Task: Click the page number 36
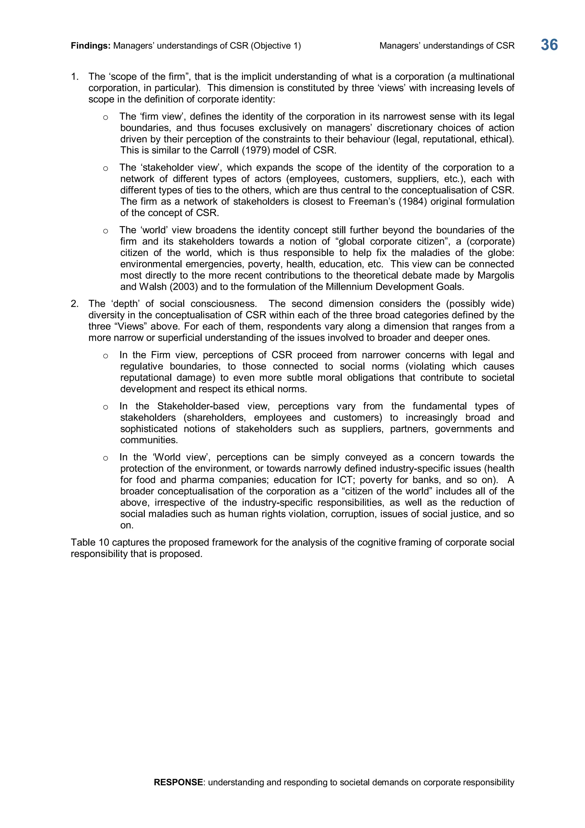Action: click(549, 45)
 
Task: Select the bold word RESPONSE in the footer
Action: click(178, 782)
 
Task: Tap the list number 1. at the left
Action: click(75, 77)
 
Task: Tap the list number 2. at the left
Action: click(75, 304)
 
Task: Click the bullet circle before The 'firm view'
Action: click(105, 118)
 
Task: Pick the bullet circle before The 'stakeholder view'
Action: click(105, 168)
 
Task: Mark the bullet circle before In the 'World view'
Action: click(105, 458)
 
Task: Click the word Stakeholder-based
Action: click(198, 407)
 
